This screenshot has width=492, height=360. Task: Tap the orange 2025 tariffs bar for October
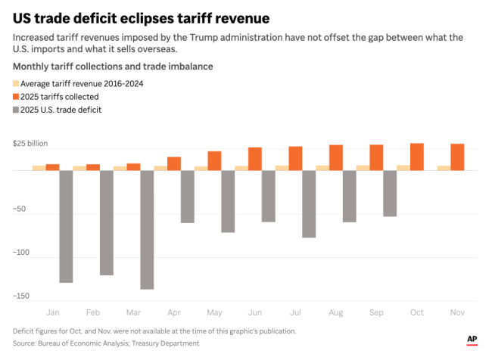[x=416, y=157]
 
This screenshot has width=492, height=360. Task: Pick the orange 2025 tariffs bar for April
[x=174, y=163]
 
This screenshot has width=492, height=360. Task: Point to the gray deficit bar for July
[x=308, y=203]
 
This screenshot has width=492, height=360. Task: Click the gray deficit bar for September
[x=389, y=193]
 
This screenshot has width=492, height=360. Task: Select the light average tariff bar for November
[x=444, y=168]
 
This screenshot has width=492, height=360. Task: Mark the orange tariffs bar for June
[x=255, y=159]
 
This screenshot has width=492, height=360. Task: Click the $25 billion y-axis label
[x=30, y=144]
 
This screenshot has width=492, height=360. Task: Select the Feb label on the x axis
[x=93, y=312]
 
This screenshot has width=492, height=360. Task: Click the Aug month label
[x=335, y=312]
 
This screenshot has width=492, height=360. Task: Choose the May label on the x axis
[x=214, y=312]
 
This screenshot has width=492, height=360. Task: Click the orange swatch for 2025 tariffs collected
[x=16, y=97]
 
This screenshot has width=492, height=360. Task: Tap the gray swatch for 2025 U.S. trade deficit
[x=16, y=110]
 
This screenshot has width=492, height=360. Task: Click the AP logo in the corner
[x=472, y=340]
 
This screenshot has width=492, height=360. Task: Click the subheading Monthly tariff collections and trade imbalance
[x=113, y=67]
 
